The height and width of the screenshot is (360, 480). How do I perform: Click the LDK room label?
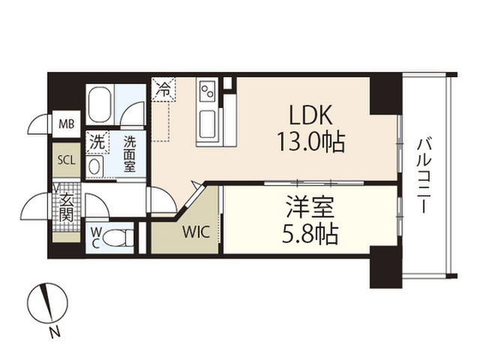point(310,115)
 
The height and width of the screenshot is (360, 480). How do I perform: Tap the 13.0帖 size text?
point(310,142)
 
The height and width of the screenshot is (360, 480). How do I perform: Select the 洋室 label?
point(310,207)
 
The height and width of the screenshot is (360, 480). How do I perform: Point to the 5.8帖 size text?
point(310,234)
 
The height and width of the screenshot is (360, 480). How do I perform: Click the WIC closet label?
point(196,232)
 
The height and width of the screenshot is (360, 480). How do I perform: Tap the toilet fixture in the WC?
point(118,238)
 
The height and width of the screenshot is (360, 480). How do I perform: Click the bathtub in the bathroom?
point(100,104)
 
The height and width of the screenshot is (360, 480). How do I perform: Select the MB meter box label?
point(67,124)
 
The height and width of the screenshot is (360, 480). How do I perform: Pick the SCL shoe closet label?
point(67,160)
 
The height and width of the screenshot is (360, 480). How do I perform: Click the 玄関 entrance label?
point(67,208)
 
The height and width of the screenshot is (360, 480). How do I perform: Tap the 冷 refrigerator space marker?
point(163,89)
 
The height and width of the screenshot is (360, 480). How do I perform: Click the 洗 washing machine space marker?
point(97,142)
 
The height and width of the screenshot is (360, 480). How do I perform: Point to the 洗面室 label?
point(130,154)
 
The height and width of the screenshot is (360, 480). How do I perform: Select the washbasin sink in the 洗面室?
point(94,166)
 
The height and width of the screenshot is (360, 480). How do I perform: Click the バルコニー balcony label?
point(424,175)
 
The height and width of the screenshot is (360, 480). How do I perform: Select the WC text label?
point(95,238)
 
